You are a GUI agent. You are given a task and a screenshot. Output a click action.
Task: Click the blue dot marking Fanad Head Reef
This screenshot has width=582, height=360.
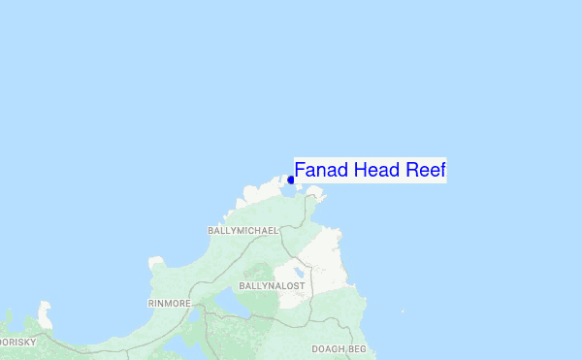point(290,180)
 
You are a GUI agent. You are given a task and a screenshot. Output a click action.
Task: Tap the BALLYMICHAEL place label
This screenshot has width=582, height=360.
point(242,231)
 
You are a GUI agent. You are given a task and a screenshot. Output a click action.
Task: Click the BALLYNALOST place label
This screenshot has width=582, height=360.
point(271,286)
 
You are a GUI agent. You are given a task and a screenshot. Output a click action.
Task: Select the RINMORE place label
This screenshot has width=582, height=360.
point(169,304)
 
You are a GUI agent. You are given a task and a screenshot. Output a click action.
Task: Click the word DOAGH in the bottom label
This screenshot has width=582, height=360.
point(327,348)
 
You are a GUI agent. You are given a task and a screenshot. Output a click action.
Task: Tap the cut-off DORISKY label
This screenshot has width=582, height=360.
point(16,343)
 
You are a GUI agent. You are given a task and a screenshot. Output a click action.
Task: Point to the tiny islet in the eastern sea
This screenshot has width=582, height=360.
point(403,311)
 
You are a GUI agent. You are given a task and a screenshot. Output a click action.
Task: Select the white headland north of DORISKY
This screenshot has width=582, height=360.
point(43,314)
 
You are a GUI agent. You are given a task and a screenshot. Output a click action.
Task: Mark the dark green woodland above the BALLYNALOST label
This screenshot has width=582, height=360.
point(260,273)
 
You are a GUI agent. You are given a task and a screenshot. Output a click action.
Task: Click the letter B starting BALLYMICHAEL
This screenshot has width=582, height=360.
point(210,231)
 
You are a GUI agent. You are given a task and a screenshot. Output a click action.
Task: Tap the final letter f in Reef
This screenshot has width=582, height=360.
point(441,171)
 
